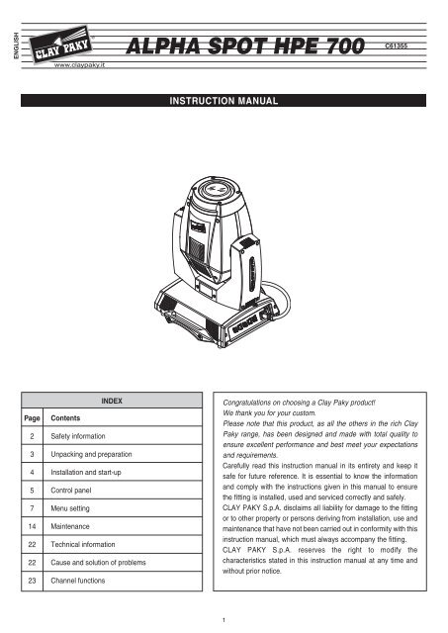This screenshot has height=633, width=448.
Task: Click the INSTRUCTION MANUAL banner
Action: [x=224, y=101]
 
